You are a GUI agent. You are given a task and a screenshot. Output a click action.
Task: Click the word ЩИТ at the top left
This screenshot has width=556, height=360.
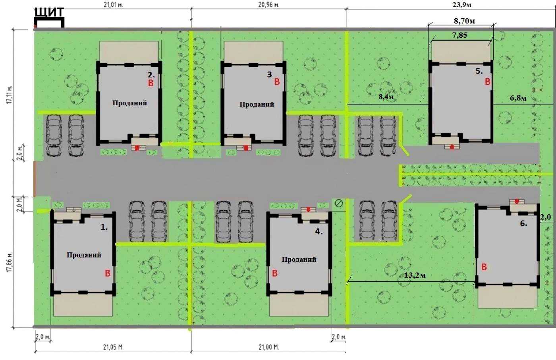click(49, 12)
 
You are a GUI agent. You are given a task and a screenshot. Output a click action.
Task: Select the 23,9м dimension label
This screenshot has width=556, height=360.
click(461, 4)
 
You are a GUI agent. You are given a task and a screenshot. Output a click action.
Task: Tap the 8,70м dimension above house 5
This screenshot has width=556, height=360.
click(464, 21)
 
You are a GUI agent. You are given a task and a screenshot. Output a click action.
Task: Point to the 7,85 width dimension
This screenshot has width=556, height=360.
click(460, 35)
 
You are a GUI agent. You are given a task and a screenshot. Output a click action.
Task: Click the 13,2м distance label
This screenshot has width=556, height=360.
click(415, 275)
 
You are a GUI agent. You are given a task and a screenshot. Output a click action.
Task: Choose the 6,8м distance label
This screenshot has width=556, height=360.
click(518, 98)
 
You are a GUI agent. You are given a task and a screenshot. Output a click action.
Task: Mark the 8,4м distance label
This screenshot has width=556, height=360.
click(386, 96)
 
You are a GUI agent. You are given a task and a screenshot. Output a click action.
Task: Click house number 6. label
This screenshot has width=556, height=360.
click(523, 223)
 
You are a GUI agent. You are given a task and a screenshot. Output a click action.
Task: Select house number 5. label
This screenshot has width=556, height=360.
click(479, 71)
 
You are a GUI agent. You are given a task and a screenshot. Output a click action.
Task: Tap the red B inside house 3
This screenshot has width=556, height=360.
click(277, 82)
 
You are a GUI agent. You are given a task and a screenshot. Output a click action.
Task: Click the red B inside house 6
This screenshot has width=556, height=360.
click(484, 267)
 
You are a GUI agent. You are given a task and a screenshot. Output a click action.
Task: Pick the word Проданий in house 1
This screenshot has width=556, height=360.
click(84, 255)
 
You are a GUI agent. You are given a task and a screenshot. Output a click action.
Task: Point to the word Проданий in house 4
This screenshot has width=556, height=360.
click(299, 259)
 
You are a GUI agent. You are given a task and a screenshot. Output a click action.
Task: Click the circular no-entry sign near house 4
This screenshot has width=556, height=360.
click(339, 203)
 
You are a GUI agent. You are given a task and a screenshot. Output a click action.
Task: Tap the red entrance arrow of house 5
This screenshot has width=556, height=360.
click(452, 147)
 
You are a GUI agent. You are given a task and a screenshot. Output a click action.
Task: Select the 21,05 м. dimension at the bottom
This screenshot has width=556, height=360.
click(113, 347)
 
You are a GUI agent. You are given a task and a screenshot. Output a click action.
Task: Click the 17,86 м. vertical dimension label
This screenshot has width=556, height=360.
click(10, 263)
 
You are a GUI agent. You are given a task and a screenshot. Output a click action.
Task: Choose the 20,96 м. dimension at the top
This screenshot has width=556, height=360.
click(268, 5)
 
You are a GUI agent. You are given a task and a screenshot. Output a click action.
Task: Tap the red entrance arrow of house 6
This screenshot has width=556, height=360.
click(517, 201)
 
